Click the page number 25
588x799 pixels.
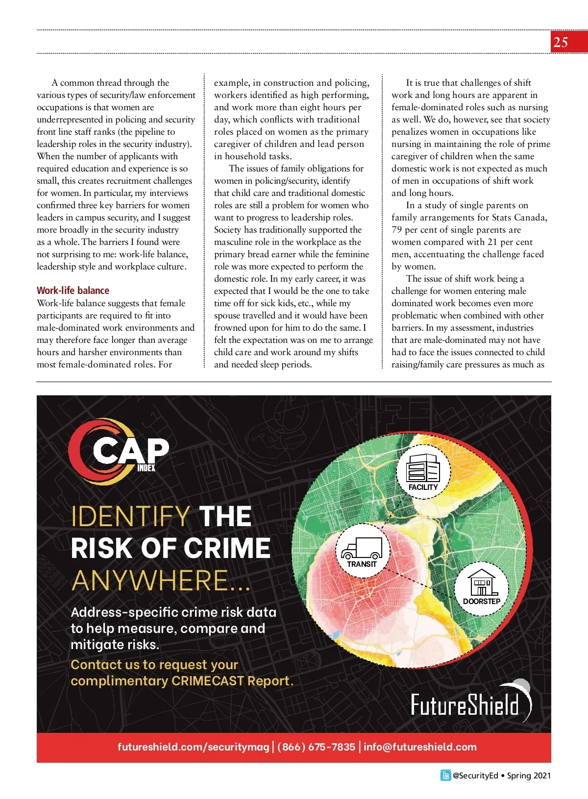point(561,42)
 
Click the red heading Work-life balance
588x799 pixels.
point(73,291)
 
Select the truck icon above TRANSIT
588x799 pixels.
point(362,548)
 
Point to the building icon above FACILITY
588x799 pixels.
point(423,467)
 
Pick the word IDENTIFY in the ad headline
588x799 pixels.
point(130,516)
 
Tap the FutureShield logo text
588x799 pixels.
point(465,705)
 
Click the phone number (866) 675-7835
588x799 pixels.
point(316,747)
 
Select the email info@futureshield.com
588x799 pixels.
point(420,747)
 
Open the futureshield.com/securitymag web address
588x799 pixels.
point(193,747)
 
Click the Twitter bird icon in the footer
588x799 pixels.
point(445,775)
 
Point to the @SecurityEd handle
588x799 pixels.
point(475,775)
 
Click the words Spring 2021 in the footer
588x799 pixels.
point(529,775)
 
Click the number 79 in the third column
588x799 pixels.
point(396,230)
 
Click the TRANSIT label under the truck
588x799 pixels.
point(362,564)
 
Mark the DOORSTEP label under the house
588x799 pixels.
point(482,602)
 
